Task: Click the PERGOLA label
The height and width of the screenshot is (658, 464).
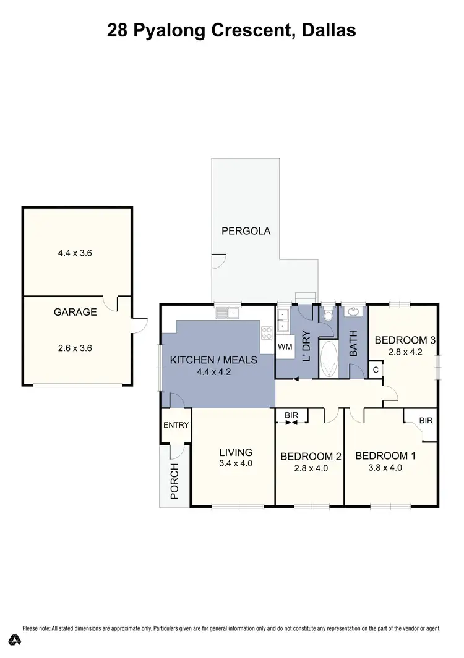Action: click(x=246, y=231)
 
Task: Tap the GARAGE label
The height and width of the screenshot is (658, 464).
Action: click(x=75, y=312)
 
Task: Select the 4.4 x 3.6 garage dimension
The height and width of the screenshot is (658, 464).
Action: click(x=75, y=253)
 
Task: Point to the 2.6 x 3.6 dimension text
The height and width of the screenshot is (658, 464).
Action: click(x=75, y=348)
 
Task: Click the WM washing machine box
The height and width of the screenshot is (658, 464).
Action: click(x=285, y=347)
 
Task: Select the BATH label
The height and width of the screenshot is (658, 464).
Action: click(x=354, y=344)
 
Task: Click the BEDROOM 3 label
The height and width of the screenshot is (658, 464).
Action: click(x=406, y=340)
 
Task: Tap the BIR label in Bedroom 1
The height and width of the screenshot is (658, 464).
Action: click(x=426, y=420)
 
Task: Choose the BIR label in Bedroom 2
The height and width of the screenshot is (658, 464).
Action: click(x=291, y=415)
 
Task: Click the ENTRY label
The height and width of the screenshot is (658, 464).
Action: click(x=176, y=425)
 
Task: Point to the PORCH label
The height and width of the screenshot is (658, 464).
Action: click(x=174, y=481)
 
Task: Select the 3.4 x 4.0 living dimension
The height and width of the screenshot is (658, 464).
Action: click(x=235, y=463)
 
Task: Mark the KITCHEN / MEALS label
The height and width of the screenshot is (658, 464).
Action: click(x=213, y=360)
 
